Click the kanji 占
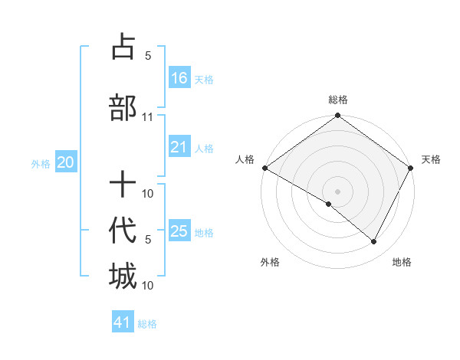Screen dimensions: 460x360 tap(123, 47)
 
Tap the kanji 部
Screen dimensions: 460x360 tap(123, 107)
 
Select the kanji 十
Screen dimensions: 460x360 tap(123, 185)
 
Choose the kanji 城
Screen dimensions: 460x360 tap(123, 276)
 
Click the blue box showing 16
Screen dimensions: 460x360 tap(179, 77)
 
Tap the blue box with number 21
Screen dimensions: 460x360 tap(179, 147)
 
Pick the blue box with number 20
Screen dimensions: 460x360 tap(66, 162)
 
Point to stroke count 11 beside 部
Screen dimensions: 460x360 tap(148, 117)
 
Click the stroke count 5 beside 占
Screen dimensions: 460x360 tap(148, 56)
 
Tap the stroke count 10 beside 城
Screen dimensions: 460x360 tap(148, 285)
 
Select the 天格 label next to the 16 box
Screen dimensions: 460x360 tap(204, 79)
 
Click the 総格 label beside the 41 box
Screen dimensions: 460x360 tap(147, 324)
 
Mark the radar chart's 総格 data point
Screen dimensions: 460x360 tap(337, 116)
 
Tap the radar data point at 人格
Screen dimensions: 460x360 tap(264, 168)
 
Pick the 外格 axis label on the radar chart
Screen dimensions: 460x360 tap(270, 262)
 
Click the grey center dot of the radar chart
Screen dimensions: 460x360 tap(337, 191)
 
